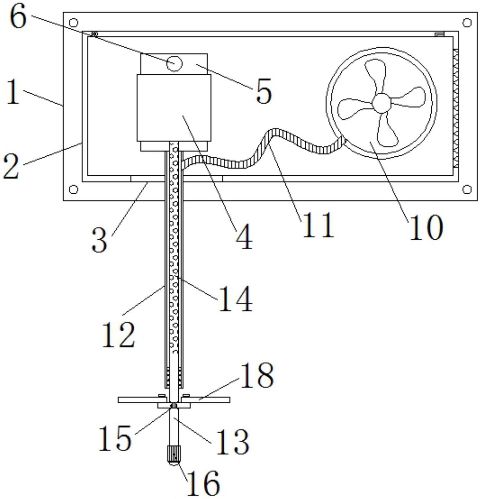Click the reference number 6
point(18,17)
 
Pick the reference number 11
point(318,225)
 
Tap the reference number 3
point(99,241)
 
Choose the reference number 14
point(235,299)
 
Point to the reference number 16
point(204,483)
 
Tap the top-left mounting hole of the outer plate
point(74,23)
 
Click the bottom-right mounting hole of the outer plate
point(467,189)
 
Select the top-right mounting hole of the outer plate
point(467,23)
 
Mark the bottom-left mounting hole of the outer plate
point(74,189)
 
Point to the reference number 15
point(115,438)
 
